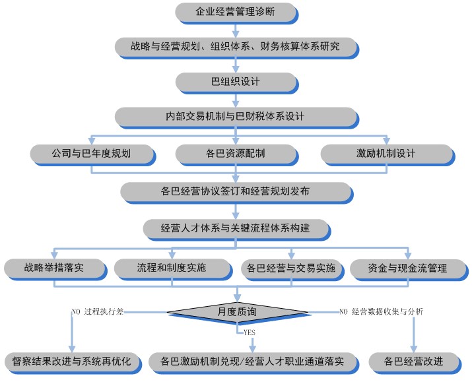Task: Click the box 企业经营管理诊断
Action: pyautogui.click(x=236, y=12)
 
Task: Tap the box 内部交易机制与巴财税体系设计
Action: pyautogui.click(x=235, y=117)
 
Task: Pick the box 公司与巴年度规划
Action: pyautogui.click(x=91, y=154)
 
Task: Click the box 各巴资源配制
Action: pyautogui.click(x=236, y=154)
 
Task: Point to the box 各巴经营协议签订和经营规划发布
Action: pyautogui.click(x=236, y=191)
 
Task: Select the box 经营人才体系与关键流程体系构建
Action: pyautogui.click(x=236, y=228)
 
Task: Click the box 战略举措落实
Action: pyautogui.click(x=54, y=268)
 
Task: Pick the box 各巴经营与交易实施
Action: pyautogui.click(x=290, y=268)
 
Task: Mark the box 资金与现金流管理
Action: pyautogui.click(x=407, y=268)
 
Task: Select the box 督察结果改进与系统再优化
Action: pyautogui.click(x=71, y=362)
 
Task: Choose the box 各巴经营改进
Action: pyautogui.click(x=414, y=362)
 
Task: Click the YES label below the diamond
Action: pyautogui.click(x=249, y=332)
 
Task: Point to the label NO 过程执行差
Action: pyautogui.click(x=97, y=310)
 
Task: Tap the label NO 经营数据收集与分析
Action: pyautogui.click(x=381, y=310)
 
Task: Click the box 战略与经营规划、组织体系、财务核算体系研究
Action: pyautogui.click(x=236, y=47)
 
